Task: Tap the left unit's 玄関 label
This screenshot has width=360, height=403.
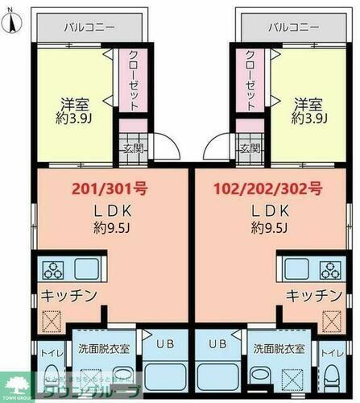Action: [133, 148]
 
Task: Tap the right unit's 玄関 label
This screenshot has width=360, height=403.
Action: [250, 148]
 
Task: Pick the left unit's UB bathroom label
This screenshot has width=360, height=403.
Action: [163, 343]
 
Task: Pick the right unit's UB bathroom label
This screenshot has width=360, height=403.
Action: [217, 343]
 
